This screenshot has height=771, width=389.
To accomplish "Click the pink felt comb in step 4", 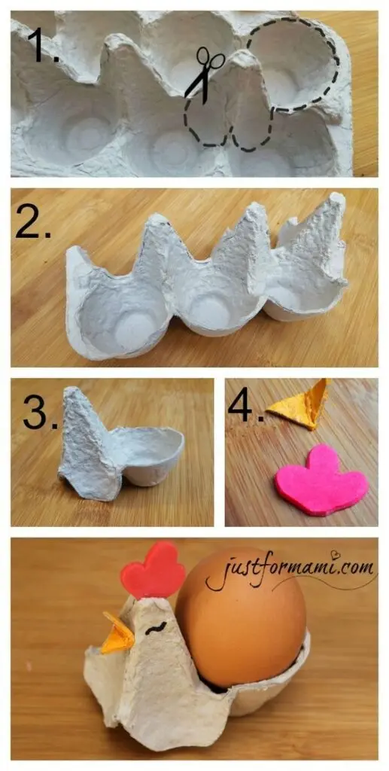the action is point(321,480).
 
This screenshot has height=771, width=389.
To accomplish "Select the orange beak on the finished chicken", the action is point(118,632).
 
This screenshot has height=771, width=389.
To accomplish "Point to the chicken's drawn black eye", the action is point(157,627).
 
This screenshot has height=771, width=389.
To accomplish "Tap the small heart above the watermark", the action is point(336,555).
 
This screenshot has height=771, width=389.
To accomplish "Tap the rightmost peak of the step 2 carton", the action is point(337,198).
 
